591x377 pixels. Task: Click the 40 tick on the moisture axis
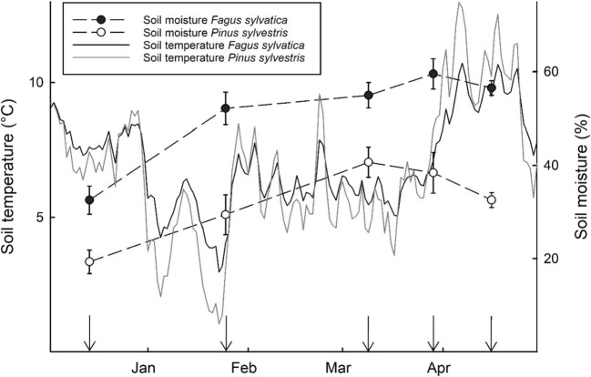(x=552, y=165)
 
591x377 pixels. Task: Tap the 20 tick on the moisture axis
(x=552, y=259)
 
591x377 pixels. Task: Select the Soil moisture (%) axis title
(x=578, y=177)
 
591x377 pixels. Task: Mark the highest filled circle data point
(x=433, y=74)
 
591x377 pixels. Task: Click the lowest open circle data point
(x=89, y=261)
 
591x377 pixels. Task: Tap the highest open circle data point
(x=368, y=162)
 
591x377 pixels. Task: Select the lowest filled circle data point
(x=89, y=199)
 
